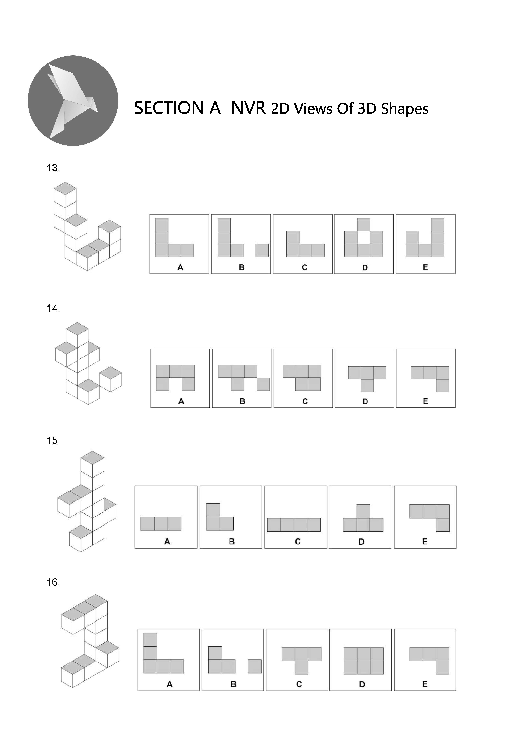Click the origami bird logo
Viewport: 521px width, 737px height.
73,100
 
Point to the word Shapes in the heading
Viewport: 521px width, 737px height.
404,109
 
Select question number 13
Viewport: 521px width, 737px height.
53,168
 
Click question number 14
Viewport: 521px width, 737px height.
53,308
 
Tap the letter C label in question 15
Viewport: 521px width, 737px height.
298,542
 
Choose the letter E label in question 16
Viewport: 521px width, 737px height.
425,684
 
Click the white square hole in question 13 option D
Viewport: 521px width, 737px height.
364,238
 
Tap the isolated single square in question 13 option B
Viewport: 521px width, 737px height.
262,250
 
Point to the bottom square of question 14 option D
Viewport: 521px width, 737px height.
367,386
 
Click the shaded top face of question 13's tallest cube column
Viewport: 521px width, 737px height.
65,188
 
